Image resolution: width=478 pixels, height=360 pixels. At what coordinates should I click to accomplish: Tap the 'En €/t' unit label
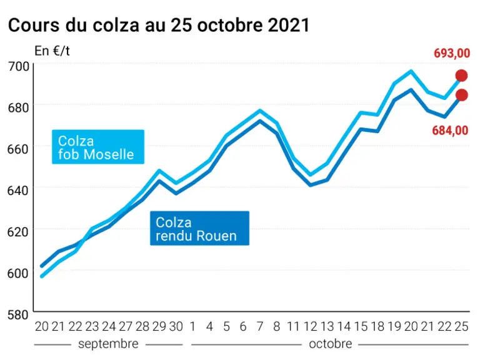tap(52, 51)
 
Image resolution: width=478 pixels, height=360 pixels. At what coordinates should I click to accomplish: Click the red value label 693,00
tap(452, 53)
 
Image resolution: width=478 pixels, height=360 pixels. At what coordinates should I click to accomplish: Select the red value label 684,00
tap(450, 131)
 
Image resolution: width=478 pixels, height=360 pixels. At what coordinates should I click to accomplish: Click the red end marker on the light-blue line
tap(462, 76)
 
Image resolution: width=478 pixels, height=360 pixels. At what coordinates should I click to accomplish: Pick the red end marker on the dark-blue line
tap(462, 95)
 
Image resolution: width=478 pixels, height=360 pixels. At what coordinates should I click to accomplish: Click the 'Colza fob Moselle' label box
tap(98, 147)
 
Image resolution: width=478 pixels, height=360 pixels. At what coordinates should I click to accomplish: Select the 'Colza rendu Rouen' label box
tap(200, 228)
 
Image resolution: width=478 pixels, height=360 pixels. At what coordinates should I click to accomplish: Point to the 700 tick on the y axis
tap(19, 66)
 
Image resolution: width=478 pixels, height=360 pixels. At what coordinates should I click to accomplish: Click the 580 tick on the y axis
tap(18, 314)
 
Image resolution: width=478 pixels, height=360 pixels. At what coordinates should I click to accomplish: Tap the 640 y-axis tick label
tap(18, 191)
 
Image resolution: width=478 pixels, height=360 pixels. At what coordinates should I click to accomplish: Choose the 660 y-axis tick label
tap(18, 149)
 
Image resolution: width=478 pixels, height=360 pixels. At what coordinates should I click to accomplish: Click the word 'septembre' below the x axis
tap(108, 344)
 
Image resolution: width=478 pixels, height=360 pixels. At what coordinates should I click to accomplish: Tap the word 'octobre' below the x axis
tap(331, 344)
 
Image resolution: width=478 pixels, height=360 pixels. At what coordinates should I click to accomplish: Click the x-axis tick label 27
tap(126, 326)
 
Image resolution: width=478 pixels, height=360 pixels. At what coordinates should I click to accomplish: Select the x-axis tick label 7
tap(260, 326)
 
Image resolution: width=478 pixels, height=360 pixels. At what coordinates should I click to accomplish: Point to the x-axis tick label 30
tap(176, 326)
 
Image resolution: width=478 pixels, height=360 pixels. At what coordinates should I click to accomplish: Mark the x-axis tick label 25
tap(461, 326)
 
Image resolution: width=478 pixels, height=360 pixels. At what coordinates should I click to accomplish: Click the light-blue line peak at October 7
tap(260, 111)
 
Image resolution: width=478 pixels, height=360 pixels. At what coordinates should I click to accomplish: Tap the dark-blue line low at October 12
tap(311, 185)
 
